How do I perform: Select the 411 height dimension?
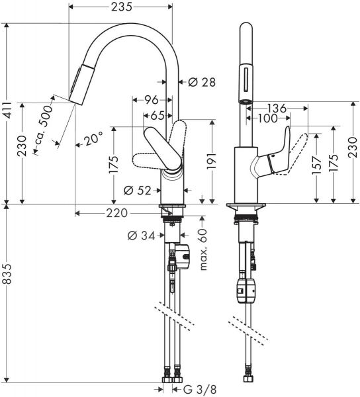8,113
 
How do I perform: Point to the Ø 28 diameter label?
202,82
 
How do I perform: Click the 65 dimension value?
157,115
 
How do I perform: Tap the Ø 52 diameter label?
137,191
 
